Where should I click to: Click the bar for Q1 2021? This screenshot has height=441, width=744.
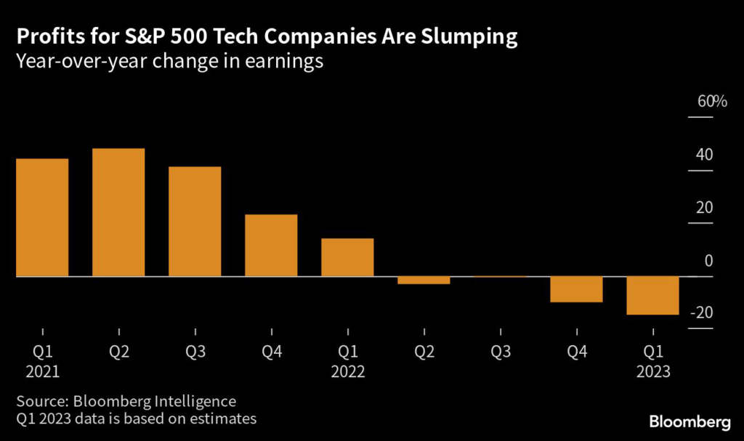click(42, 217)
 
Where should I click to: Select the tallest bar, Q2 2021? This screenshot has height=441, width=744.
click(118, 212)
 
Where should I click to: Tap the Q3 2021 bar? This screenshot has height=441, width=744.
click(195, 222)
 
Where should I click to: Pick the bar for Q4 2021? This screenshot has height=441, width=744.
click(271, 246)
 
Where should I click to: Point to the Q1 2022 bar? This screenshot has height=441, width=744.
click(347, 257)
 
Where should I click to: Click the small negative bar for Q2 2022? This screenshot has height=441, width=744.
click(424, 280)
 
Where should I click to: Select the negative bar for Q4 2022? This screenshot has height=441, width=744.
click(576, 289)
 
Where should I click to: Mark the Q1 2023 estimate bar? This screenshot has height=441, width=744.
click(653, 296)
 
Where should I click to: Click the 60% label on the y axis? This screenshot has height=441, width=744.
click(712, 102)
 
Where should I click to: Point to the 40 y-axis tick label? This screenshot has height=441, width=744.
click(705, 155)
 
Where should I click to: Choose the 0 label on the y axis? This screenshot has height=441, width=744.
click(708, 261)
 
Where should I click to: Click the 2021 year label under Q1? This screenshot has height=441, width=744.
click(42, 372)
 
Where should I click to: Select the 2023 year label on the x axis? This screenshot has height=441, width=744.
click(653, 372)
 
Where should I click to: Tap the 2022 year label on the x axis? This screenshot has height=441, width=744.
click(347, 372)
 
